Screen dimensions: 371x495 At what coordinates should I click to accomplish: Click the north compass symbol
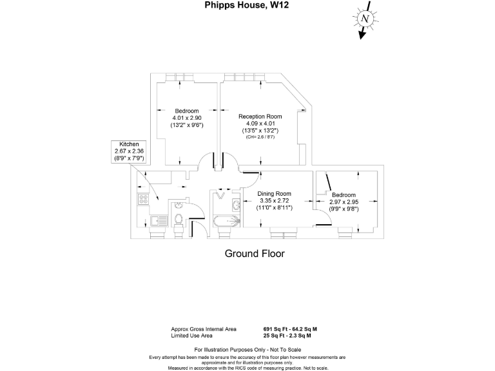coord(365,19)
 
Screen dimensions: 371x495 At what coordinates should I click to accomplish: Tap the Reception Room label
coord(260,117)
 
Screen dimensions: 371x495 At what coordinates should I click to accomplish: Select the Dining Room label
coord(275,194)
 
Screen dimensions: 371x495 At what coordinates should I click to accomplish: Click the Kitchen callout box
coord(126,151)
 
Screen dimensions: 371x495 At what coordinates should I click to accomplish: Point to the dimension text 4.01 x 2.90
coord(187,119)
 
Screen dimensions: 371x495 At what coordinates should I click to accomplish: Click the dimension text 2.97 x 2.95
coord(344,202)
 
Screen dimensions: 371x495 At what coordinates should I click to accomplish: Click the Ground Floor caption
coord(254,254)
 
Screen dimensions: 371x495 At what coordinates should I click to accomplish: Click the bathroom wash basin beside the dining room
coord(236,205)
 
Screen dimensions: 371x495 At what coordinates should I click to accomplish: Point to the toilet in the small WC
coord(180,219)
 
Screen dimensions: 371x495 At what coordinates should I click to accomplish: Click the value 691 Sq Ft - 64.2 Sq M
coord(290,329)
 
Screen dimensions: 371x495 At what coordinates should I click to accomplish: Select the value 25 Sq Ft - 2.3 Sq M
coord(287,336)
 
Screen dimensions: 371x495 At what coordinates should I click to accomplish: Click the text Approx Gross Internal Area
coord(204,329)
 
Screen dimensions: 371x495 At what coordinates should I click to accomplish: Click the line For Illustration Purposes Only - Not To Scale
coord(247,350)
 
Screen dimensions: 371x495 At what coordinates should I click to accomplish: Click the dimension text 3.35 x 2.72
coord(275,201)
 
